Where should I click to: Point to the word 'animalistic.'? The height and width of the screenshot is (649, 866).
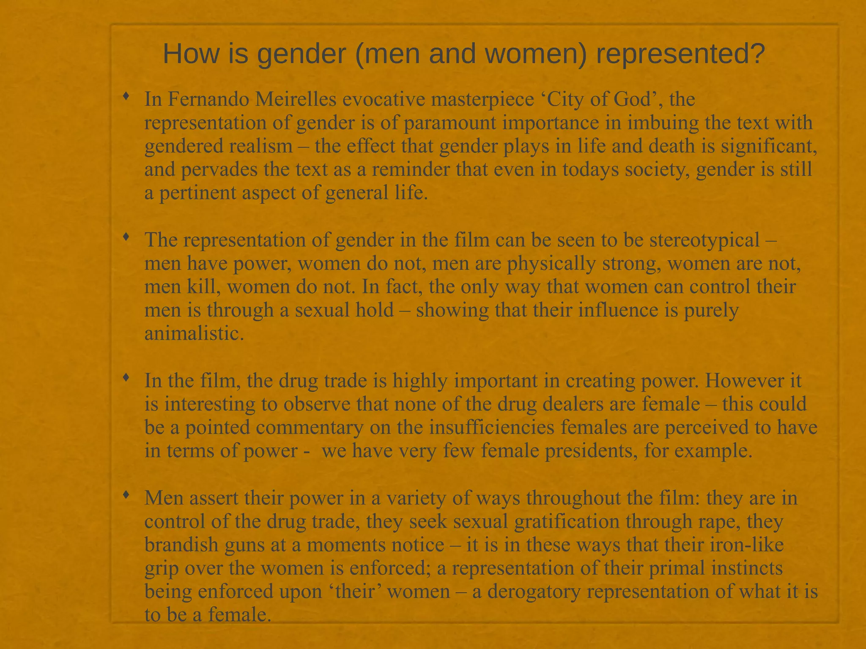[195, 334]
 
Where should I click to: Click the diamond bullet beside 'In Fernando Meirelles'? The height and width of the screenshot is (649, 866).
[126, 97]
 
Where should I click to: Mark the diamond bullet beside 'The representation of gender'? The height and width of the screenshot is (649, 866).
[126, 237]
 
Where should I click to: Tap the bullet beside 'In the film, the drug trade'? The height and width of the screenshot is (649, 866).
[126, 378]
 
